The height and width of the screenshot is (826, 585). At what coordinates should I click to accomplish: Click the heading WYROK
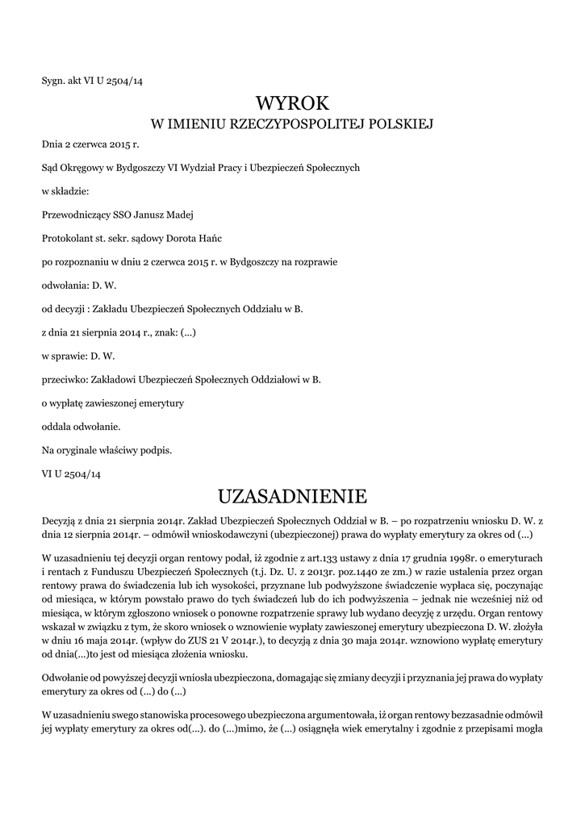[x=292, y=103]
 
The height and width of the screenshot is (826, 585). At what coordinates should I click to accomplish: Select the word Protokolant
[x=67, y=238]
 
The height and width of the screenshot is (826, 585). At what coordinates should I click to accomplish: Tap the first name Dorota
[x=189, y=238]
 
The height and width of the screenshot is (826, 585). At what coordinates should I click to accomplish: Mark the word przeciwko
[x=64, y=379]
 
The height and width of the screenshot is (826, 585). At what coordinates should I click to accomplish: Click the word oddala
[x=54, y=426]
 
